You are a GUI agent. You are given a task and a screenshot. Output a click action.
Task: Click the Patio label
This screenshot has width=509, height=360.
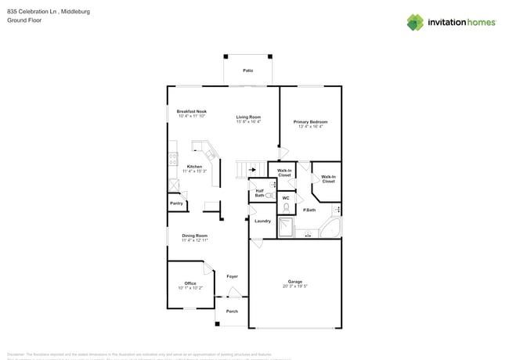pos(247,70)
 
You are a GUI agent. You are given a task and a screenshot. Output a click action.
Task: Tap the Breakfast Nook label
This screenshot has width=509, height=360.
pos(191,112)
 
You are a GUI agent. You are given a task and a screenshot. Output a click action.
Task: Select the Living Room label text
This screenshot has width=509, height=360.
pos(248,117)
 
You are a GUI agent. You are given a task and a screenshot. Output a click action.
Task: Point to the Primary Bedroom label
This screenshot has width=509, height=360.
pos(310,122)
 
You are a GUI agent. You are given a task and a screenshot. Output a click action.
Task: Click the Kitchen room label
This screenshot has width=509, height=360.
pos(193,167)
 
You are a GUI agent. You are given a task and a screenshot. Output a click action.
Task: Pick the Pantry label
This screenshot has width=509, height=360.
pos(176,203)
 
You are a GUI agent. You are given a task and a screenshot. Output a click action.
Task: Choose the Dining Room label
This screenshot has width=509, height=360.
pos(194,236)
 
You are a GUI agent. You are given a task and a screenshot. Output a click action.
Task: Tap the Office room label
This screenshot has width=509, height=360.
pos(190,283)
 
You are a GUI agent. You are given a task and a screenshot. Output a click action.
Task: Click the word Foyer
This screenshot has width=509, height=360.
pos(232,276)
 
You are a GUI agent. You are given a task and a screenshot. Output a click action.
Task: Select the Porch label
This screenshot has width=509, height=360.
pos(232,311)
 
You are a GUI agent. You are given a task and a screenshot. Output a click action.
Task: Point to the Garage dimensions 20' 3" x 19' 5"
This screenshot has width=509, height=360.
pos(294,286)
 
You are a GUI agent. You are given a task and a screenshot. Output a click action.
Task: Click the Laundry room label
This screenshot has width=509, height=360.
pos(262,221)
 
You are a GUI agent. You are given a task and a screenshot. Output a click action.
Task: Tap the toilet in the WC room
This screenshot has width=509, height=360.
pos(287,207)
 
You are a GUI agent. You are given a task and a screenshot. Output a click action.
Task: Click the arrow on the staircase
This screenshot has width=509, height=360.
pos(252,168)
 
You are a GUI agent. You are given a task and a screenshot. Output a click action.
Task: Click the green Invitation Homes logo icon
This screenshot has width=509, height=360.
pos(415,22)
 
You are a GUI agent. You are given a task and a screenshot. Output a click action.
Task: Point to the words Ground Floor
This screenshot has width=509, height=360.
pos(24,20)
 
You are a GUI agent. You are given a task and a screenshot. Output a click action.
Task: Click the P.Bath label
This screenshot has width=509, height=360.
pos(309,210)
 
